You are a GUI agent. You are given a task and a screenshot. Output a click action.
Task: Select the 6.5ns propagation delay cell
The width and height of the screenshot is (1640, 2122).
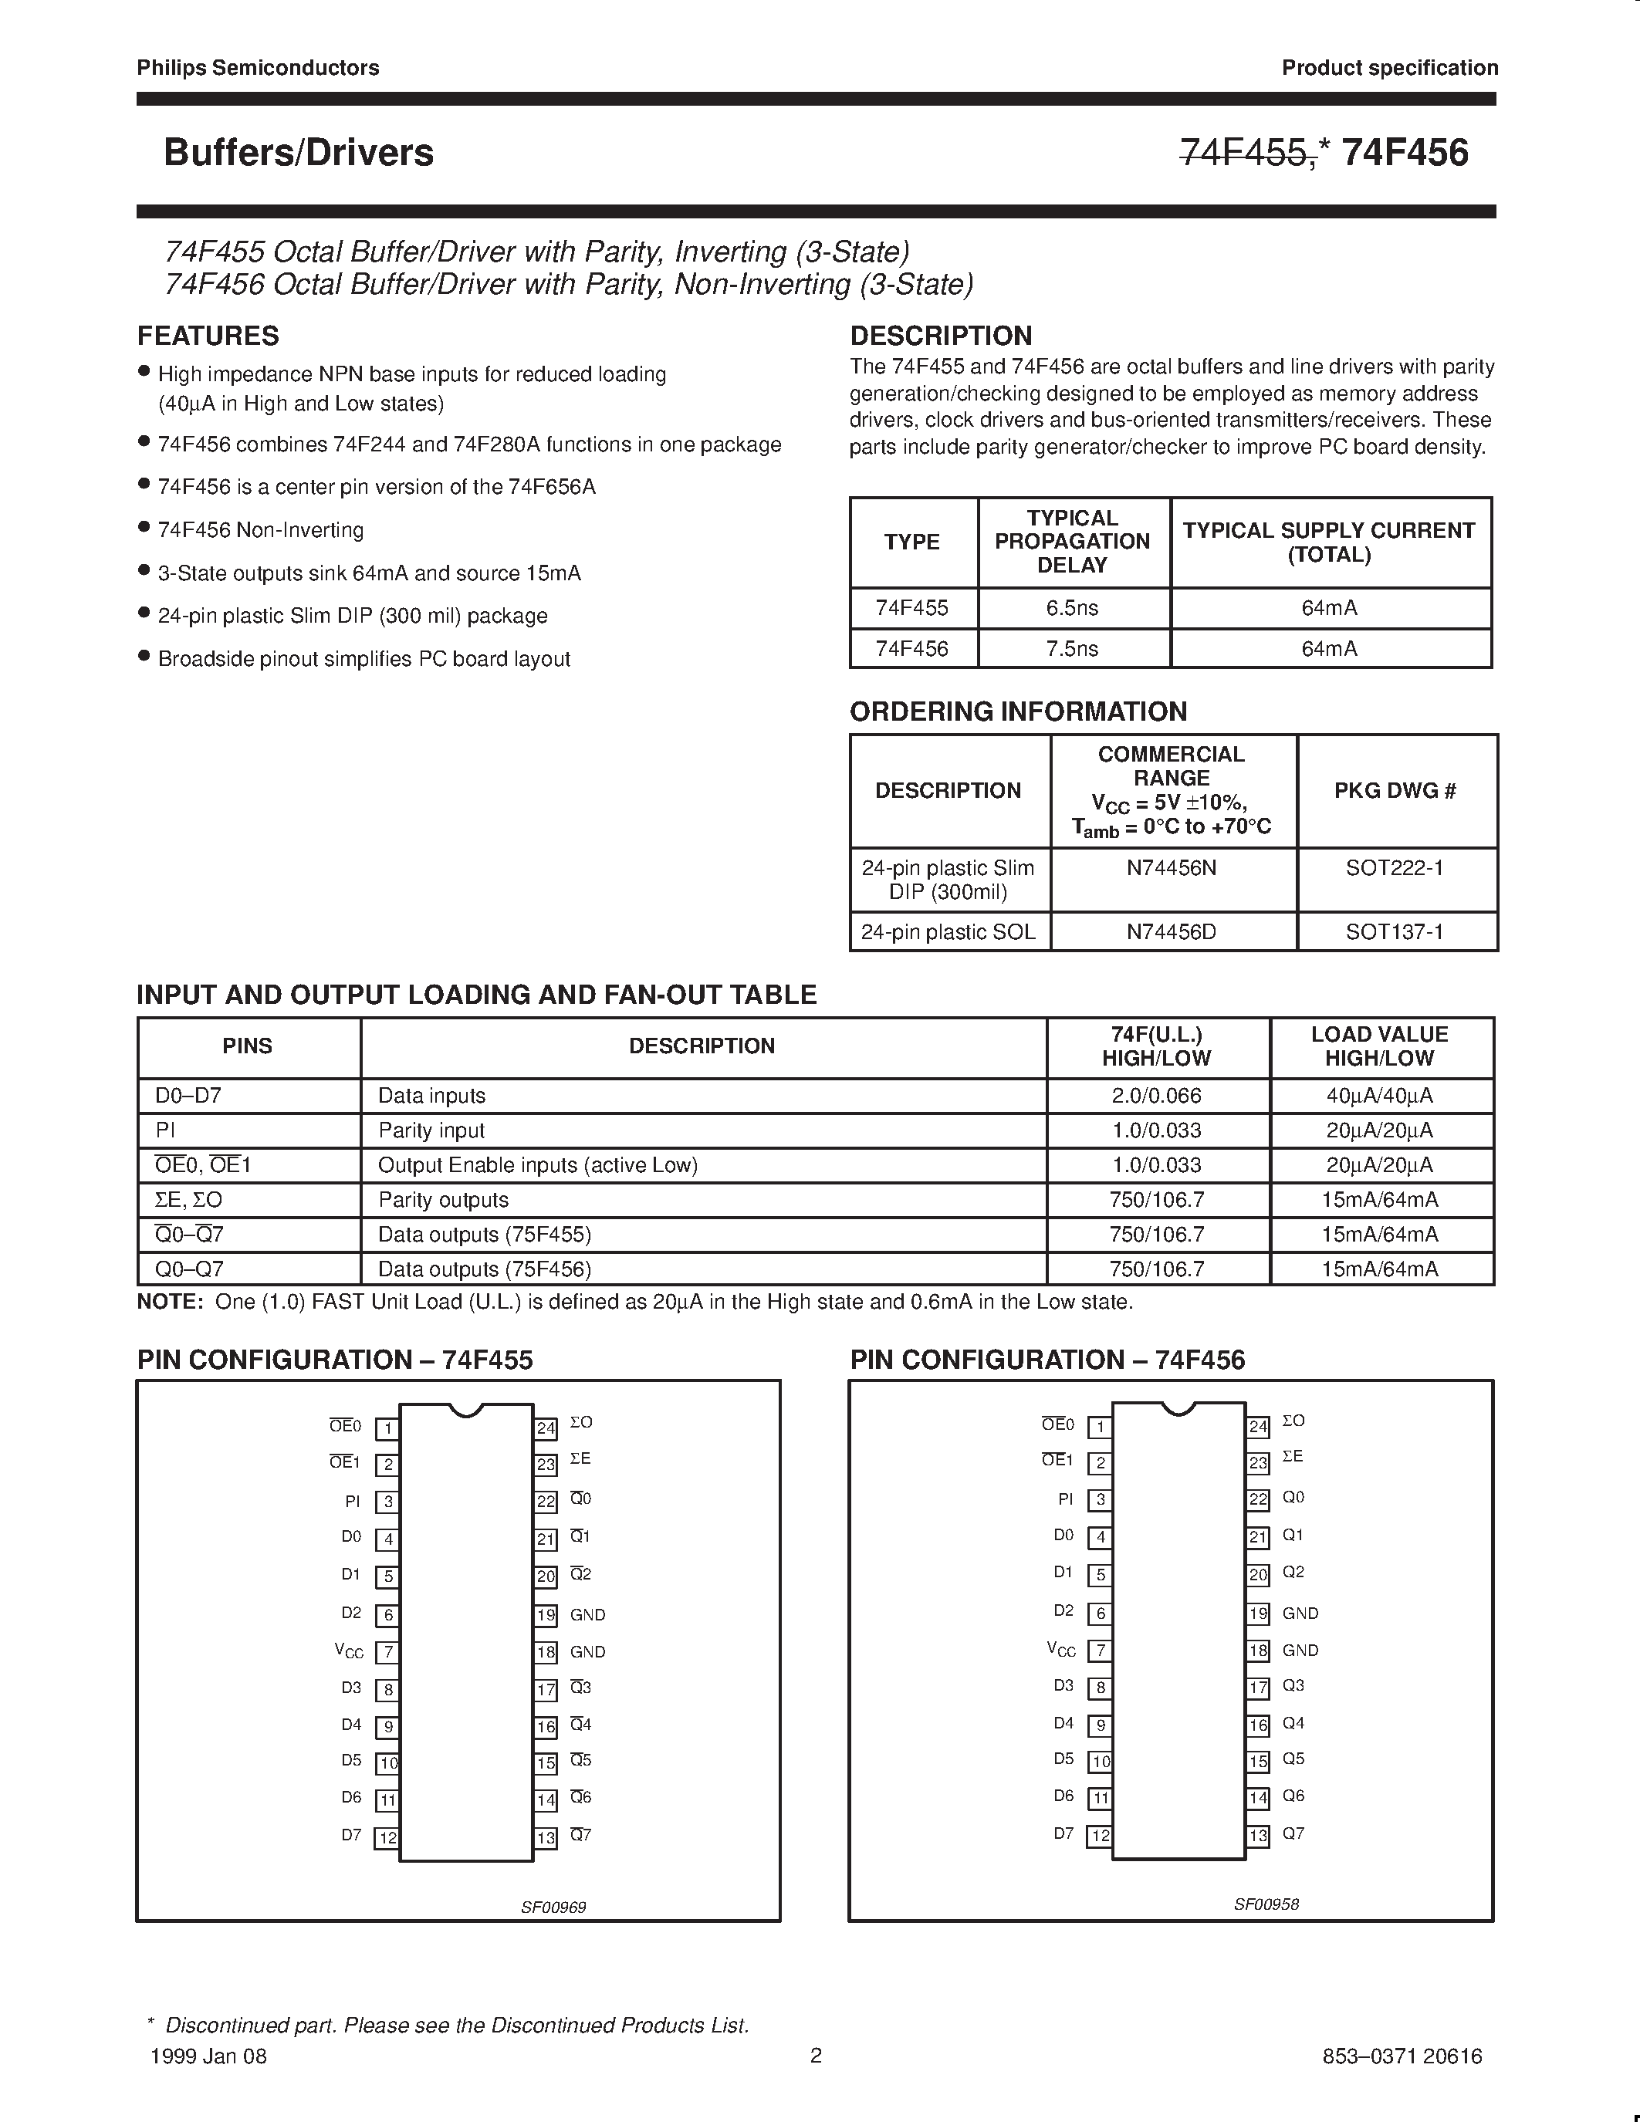coord(1073,608)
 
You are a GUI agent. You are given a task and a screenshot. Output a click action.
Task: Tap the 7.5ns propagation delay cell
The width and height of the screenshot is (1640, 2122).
coord(1073,649)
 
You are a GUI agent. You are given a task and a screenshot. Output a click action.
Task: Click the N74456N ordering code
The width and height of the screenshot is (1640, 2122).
coord(1172,867)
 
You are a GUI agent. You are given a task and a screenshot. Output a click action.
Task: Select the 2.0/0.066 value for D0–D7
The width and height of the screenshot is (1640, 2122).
coord(1156,1096)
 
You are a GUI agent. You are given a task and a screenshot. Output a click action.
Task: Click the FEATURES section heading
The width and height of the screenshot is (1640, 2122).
coord(208,336)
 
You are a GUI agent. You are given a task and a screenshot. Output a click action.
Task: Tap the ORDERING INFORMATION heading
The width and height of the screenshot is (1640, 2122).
coord(1018,711)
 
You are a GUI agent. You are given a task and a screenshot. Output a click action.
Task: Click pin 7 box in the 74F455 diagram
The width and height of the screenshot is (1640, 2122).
coord(387,1653)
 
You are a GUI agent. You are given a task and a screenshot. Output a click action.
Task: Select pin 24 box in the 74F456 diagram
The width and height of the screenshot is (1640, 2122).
coord(1258,1426)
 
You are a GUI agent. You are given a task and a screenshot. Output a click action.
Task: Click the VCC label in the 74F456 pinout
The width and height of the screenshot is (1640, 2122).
coord(1061,1650)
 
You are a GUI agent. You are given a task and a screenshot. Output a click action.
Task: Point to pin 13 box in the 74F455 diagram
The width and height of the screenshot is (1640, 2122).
coord(546,1838)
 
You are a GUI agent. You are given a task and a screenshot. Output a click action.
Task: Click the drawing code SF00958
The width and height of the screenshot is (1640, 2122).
coord(1266,1904)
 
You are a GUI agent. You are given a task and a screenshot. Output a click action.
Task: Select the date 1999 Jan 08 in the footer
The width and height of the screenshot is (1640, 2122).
coord(209,2056)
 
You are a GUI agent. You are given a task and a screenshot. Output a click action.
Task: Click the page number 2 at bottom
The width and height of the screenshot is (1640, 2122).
coord(816,2055)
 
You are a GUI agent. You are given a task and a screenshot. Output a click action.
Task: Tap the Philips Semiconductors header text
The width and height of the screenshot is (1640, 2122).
coord(258,68)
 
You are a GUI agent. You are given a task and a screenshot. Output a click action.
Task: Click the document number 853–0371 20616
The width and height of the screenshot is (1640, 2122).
coord(1402,2056)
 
